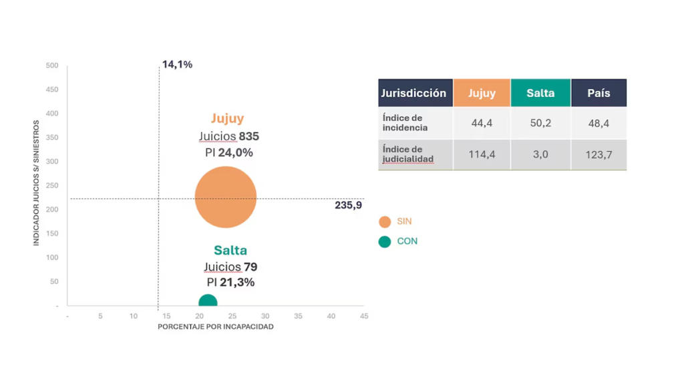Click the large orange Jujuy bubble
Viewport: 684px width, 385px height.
pyautogui.click(x=226, y=197)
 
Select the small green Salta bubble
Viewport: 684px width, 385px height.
pyautogui.click(x=208, y=302)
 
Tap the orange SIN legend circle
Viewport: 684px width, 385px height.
pyautogui.click(x=384, y=222)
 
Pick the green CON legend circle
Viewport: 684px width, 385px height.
pyautogui.click(x=384, y=241)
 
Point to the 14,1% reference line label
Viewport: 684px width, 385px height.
pyautogui.click(x=177, y=65)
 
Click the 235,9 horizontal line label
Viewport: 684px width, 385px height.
pyautogui.click(x=348, y=205)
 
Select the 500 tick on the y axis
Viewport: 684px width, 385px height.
pyautogui.click(x=52, y=66)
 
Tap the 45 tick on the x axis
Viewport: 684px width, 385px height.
pyautogui.click(x=363, y=315)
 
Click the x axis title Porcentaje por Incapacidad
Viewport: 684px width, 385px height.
pyautogui.click(x=216, y=327)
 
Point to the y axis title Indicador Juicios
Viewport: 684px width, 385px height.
pyautogui.click(x=37, y=183)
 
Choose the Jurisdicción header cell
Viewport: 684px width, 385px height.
pyautogui.click(x=414, y=93)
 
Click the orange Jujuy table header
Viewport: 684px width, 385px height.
pyautogui.click(x=482, y=93)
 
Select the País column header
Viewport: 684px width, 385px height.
pyautogui.click(x=598, y=93)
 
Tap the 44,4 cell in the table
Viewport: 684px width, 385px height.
pyautogui.click(x=482, y=124)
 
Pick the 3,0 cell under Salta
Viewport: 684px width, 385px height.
pyautogui.click(x=540, y=154)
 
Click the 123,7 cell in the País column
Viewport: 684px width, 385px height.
pyautogui.click(x=598, y=154)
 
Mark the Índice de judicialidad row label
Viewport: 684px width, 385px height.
pyautogui.click(x=408, y=154)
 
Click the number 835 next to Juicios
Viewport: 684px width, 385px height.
pyautogui.click(x=248, y=136)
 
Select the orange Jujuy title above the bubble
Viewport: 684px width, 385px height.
pyautogui.click(x=228, y=118)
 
